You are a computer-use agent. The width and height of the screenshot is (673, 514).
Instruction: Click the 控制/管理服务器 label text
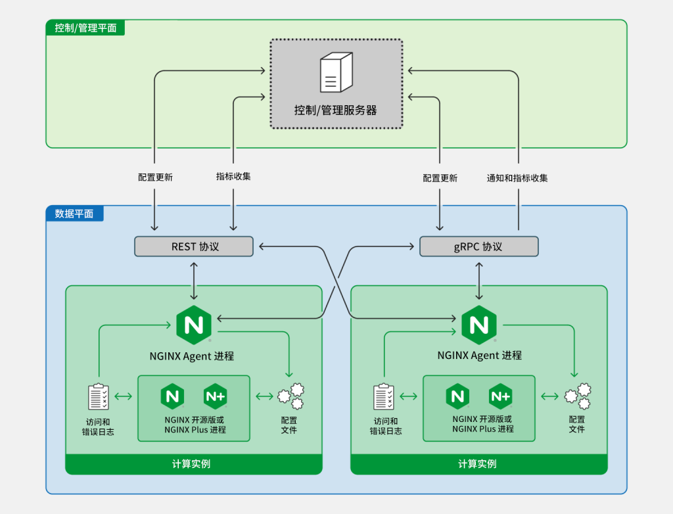click(x=335, y=110)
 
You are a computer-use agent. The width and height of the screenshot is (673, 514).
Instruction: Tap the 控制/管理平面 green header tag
click(x=85, y=28)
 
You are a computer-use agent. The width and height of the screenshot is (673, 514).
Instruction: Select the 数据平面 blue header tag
click(x=74, y=214)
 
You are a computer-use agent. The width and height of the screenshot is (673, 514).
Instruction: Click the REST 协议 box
click(x=195, y=246)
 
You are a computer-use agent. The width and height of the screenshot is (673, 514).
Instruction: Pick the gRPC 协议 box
click(x=478, y=246)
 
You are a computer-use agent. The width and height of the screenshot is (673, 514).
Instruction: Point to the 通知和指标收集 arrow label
click(x=517, y=177)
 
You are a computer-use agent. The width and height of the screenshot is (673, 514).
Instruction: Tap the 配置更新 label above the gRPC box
click(x=440, y=177)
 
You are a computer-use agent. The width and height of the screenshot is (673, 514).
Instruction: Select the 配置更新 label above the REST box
click(x=155, y=177)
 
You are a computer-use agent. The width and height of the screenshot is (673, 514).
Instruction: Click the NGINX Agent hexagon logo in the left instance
click(x=193, y=325)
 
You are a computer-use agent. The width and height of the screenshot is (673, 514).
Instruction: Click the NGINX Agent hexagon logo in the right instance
click(x=478, y=325)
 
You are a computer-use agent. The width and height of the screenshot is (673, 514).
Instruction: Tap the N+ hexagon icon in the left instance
click(x=215, y=396)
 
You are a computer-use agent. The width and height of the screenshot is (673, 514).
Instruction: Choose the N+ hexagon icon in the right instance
click(x=500, y=396)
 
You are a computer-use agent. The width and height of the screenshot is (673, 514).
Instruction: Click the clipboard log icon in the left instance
click(x=99, y=397)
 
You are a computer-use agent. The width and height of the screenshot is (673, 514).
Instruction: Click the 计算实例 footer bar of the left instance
click(x=193, y=464)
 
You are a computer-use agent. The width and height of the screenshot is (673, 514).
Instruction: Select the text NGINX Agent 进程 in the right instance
click(x=479, y=356)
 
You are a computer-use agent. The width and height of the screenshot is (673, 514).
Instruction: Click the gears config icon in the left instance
click(x=290, y=396)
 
